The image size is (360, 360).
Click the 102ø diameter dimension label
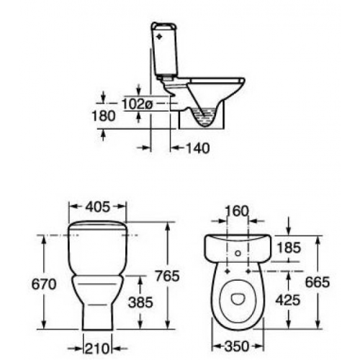138,104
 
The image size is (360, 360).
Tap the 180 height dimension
104,116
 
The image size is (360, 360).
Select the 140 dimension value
198,148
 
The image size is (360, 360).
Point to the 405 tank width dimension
98,207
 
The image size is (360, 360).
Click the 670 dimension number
44,284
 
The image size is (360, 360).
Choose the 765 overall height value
167,276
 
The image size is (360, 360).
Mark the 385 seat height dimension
140,302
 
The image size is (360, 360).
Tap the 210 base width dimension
97,348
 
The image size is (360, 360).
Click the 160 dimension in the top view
237,212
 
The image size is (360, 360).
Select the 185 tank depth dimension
289,248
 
